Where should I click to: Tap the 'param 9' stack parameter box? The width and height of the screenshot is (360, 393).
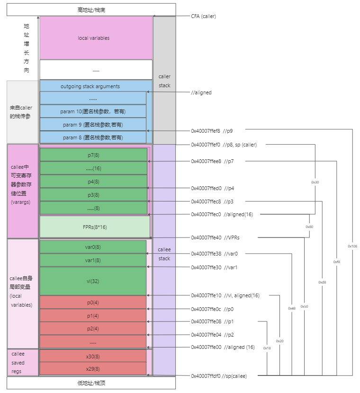point(93,125)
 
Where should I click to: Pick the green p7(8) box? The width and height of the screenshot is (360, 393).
point(93,155)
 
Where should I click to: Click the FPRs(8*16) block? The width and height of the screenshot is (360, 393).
point(95,227)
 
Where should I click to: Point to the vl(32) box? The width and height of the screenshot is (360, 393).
point(93,281)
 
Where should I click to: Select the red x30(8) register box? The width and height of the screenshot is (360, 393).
point(93,356)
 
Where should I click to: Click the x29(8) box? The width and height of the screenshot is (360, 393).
point(93,368)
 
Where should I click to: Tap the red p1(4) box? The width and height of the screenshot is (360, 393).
point(93,316)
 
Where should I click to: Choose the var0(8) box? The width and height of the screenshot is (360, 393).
point(93,247)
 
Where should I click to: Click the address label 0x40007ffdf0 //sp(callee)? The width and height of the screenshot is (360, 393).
point(218,376)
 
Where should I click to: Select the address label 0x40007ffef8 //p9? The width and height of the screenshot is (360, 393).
point(212,130)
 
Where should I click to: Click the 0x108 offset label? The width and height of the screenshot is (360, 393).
point(352,246)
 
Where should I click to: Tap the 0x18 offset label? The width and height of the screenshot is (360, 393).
point(267,348)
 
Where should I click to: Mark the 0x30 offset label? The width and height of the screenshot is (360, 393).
point(315,182)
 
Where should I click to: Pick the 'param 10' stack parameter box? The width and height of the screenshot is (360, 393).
point(93,111)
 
